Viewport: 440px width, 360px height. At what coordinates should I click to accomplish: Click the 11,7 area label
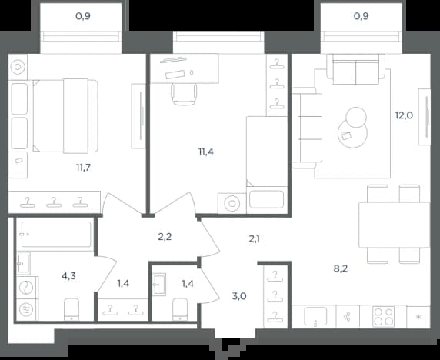pos(83,168)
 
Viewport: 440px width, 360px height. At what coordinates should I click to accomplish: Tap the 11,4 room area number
pos(206,152)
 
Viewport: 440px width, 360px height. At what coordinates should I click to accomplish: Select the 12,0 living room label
pos(404,115)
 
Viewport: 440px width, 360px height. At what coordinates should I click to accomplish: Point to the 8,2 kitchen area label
pos(341,268)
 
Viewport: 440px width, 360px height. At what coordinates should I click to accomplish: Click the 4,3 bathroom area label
pos(68,276)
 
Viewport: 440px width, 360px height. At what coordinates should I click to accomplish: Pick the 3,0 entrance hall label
pos(239,295)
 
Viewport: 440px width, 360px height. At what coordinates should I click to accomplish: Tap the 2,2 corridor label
pos(165,237)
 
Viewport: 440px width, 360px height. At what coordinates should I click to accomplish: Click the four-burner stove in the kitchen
pos(383,316)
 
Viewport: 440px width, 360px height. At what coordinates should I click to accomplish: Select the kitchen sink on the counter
pos(315,316)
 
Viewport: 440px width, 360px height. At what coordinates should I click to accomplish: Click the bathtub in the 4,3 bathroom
pos(56,235)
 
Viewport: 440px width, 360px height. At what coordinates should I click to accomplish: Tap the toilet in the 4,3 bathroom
pos(72,309)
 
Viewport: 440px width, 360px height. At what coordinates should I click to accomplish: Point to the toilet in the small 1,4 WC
pos(180,309)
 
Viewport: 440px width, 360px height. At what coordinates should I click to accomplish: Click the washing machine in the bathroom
pos(26,288)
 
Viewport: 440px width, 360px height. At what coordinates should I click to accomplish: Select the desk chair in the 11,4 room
pos(184,95)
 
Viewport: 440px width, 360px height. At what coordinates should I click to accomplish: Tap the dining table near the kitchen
pos(395,225)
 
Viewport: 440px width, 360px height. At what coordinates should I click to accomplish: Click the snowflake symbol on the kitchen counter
pos(418,317)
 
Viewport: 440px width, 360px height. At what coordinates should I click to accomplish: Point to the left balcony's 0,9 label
pos(83,16)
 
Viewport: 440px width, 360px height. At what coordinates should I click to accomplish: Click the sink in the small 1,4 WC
pos(159,285)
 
